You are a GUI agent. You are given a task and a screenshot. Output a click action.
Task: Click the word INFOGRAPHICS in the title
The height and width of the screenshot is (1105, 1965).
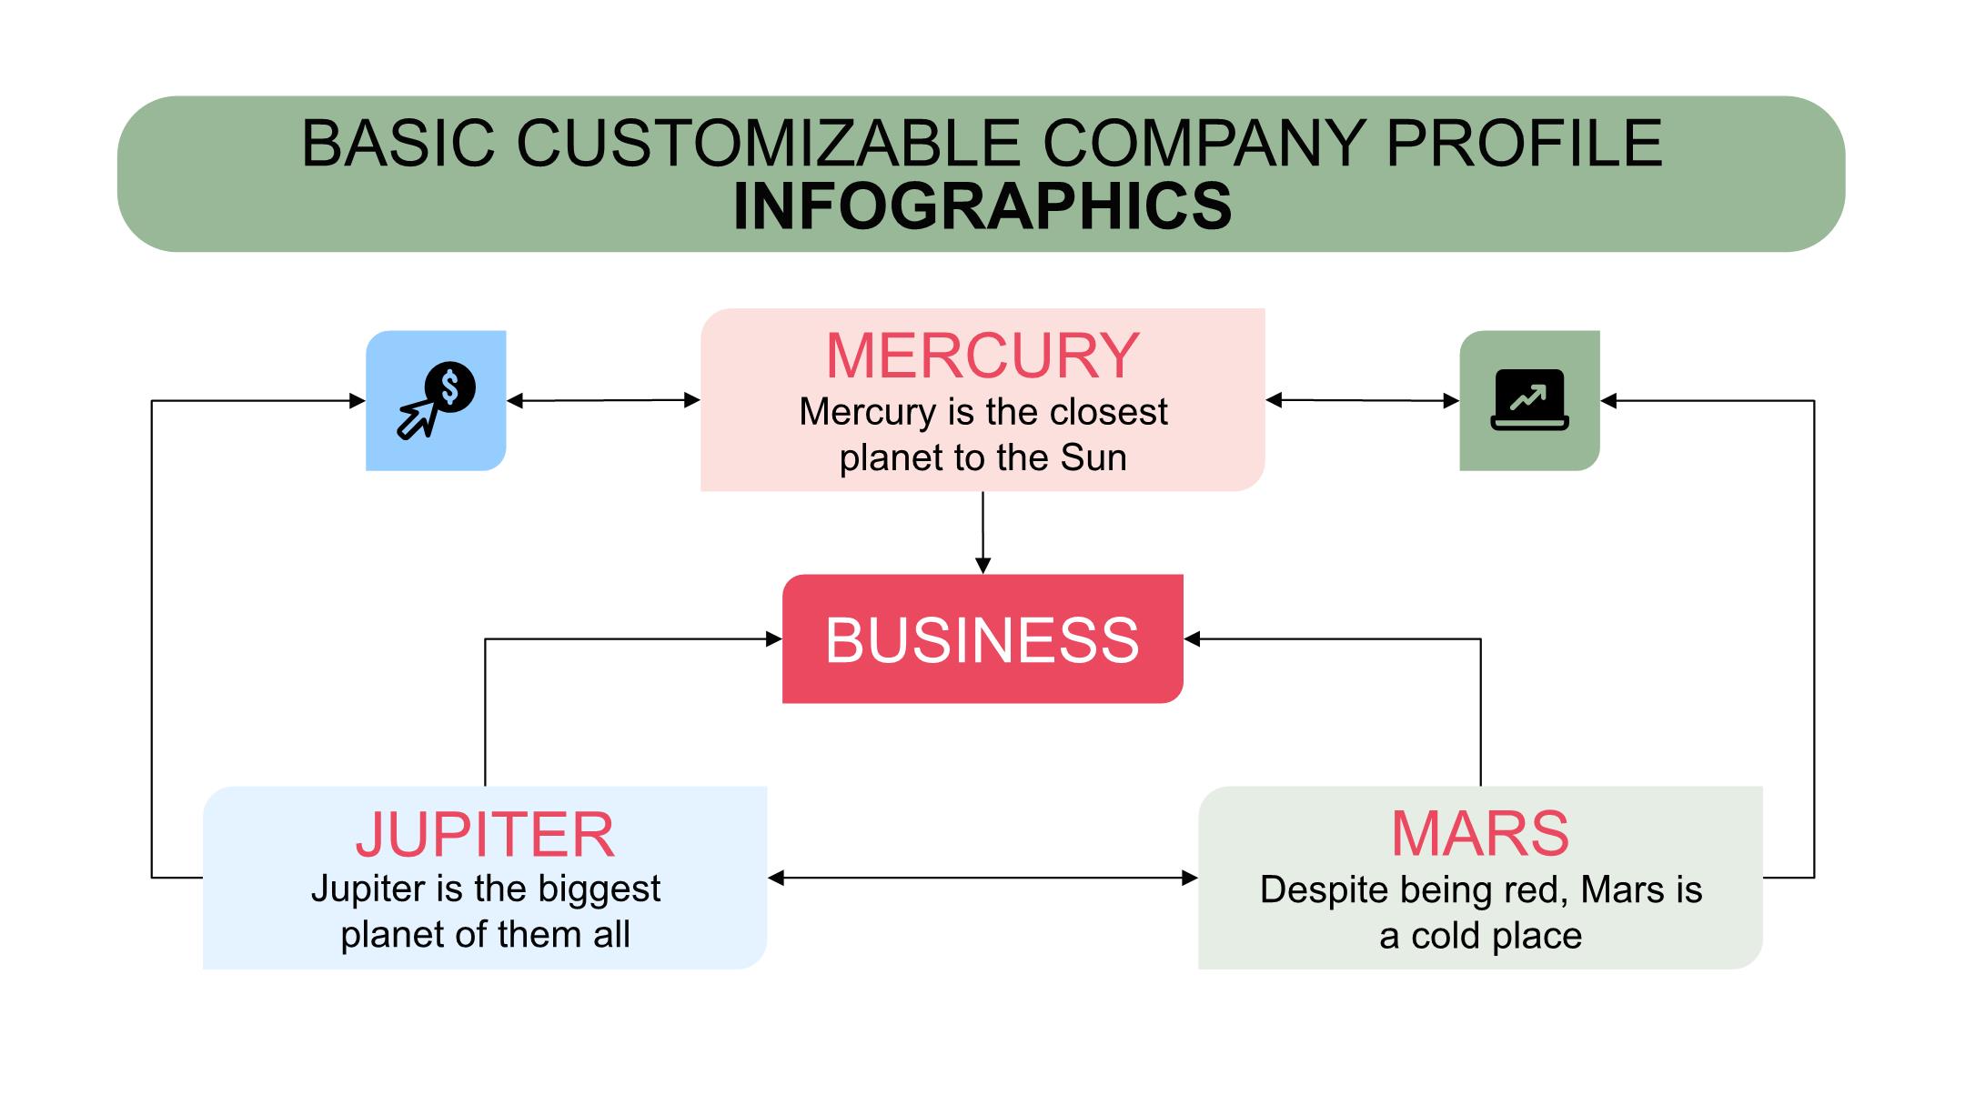point(982,206)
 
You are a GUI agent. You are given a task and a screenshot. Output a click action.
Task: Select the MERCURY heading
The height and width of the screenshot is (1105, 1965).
point(982,355)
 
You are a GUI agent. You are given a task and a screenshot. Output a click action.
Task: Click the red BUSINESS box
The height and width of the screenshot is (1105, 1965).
point(982,638)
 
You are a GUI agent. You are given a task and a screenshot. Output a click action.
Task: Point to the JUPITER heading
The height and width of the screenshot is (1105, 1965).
point(485,834)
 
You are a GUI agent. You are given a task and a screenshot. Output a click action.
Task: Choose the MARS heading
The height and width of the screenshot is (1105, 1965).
point(1480,833)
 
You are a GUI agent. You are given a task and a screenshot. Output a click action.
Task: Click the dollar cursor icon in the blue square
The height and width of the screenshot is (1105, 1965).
point(436,400)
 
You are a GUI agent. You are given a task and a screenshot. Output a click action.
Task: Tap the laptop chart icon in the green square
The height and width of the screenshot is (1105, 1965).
point(1529,400)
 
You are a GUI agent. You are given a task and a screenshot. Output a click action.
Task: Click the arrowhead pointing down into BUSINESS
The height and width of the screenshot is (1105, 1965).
point(982,565)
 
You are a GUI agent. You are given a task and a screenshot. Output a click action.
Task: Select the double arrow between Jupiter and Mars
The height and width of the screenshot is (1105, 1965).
point(982,878)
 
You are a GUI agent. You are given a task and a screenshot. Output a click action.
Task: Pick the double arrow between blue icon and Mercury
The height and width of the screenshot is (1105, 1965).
point(603,400)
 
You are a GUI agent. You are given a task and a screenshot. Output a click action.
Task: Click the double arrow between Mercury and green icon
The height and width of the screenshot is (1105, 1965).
point(1362,400)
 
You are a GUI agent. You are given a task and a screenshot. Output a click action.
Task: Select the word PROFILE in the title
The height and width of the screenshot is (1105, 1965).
point(1524,143)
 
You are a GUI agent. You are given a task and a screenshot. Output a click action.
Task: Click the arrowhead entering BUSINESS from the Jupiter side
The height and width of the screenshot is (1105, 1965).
point(774,639)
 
